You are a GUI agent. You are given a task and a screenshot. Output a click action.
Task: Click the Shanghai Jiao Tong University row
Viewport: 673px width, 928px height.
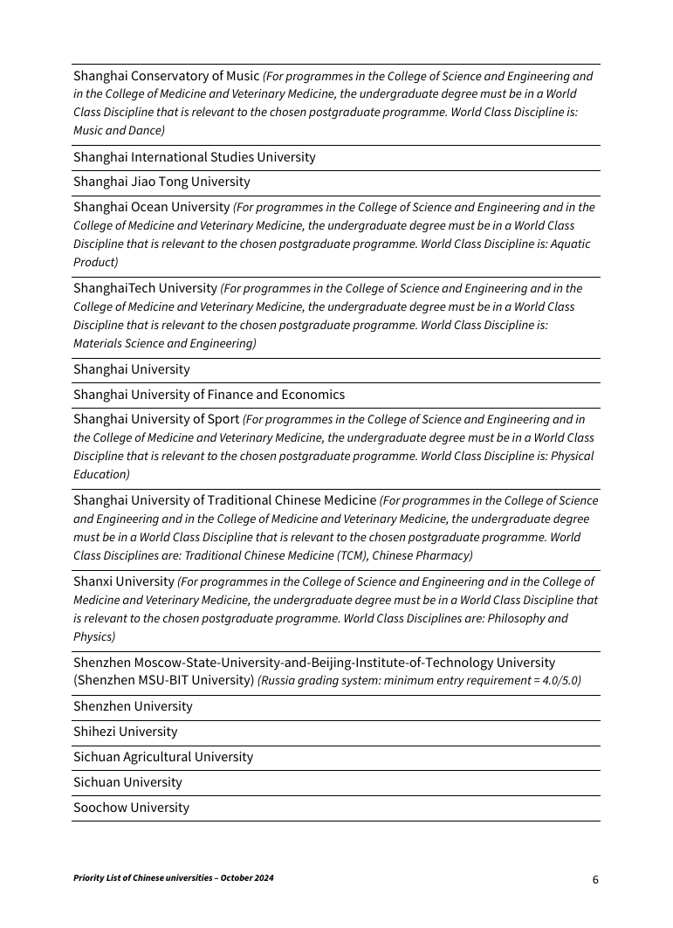(x=161, y=182)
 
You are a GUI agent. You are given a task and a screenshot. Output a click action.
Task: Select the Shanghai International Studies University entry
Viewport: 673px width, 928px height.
(x=194, y=157)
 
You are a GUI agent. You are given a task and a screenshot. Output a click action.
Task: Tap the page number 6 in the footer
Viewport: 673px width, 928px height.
(x=595, y=880)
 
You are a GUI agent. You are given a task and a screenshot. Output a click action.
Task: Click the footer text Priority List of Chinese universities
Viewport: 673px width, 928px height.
(x=173, y=878)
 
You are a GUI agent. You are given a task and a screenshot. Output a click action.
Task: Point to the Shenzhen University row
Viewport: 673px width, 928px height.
(x=133, y=706)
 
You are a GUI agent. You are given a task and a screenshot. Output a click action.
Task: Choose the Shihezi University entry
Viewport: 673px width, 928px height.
(x=125, y=732)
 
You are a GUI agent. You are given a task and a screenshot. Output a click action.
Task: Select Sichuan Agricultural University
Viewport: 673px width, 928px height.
(x=163, y=757)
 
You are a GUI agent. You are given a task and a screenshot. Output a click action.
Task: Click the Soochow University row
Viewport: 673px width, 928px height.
(x=131, y=808)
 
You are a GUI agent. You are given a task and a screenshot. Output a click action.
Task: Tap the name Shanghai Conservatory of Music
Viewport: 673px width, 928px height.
(x=166, y=76)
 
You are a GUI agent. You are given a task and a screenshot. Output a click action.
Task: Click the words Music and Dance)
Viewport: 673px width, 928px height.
(x=119, y=131)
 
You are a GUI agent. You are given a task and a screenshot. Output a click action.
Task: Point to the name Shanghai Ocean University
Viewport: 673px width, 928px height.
(x=151, y=207)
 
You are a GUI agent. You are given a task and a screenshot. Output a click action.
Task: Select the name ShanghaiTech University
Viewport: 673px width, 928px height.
(x=145, y=288)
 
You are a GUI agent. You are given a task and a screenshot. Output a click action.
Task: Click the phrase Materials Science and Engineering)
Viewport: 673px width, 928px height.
(x=165, y=344)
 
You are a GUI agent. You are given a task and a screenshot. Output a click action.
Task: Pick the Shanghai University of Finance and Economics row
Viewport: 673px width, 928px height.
(x=209, y=395)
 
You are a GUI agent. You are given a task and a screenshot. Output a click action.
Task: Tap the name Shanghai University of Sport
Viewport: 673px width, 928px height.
(x=155, y=419)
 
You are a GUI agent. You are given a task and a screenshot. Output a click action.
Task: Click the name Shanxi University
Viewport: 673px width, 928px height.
(x=123, y=581)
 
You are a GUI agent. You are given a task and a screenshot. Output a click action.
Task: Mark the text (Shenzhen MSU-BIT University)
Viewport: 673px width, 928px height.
(x=163, y=680)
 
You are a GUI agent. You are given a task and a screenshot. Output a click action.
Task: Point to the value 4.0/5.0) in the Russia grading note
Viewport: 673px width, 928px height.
(x=559, y=681)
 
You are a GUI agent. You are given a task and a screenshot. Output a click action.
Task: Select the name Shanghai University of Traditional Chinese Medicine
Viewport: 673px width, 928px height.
(x=224, y=500)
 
